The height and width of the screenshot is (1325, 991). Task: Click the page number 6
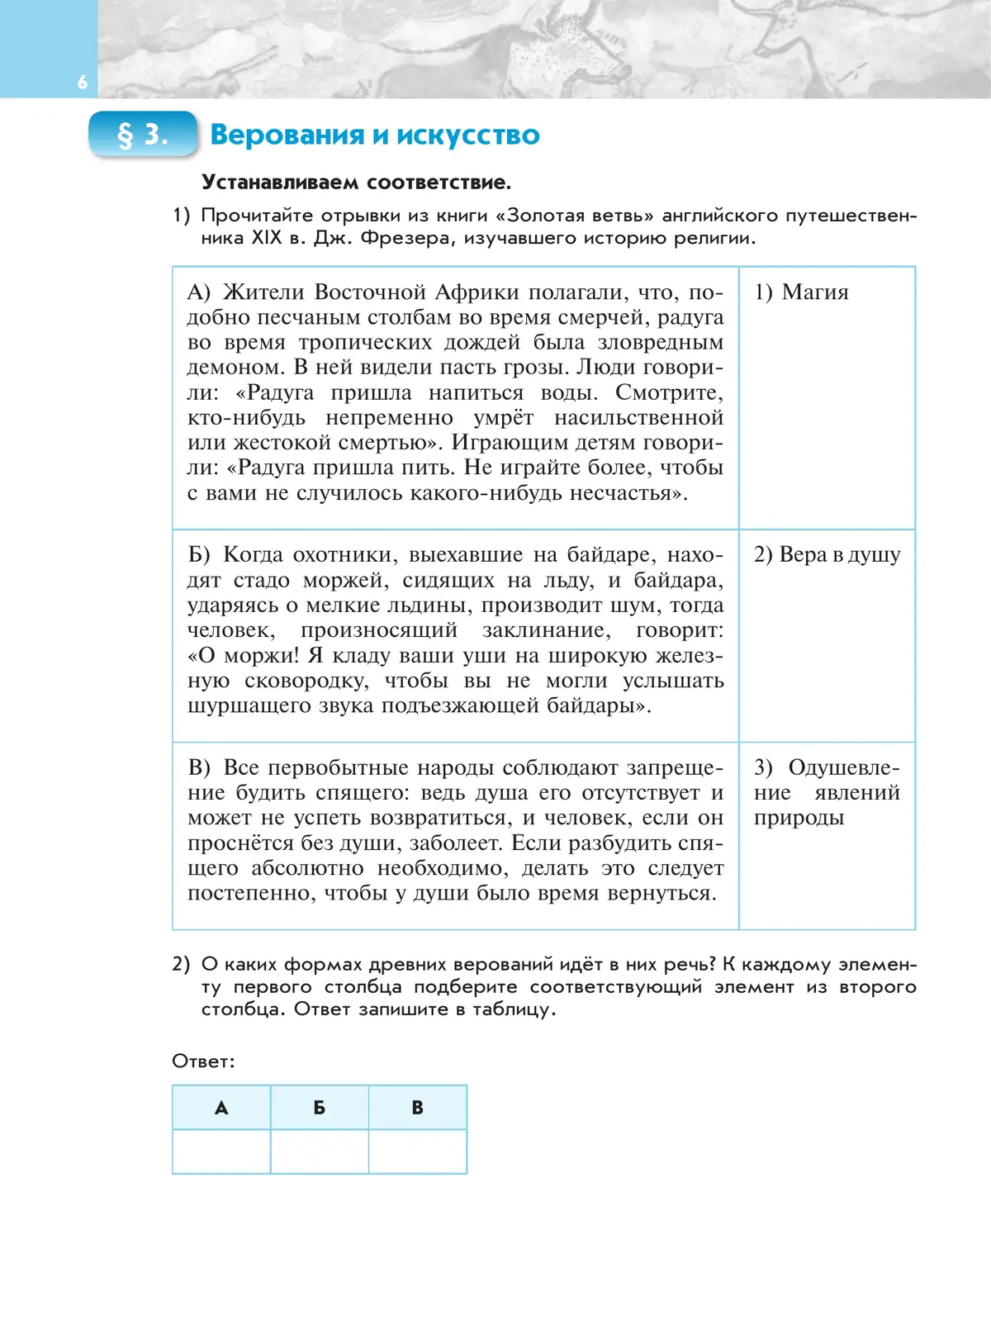(x=82, y=82)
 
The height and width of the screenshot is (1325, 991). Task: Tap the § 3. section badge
(x=143, y=134)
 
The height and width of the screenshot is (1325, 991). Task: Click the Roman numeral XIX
(x=266, y=238)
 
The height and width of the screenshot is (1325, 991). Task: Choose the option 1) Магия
(x=801, y=292)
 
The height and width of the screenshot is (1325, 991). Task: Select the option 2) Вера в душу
(x=827, y=555)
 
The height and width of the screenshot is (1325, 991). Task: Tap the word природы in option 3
(x=799, y=818)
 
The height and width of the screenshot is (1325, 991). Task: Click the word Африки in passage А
(x=477, y=292)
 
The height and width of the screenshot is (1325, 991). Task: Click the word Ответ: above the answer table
(x=203, y=1061)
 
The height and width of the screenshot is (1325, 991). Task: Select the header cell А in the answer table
(x=221, y=1108)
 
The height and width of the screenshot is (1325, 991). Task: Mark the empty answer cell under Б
(x=320, y=1152)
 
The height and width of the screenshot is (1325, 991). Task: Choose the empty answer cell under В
(x=418, y=1152)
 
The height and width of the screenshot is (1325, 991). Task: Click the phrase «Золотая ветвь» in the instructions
(x=575, y=216)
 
